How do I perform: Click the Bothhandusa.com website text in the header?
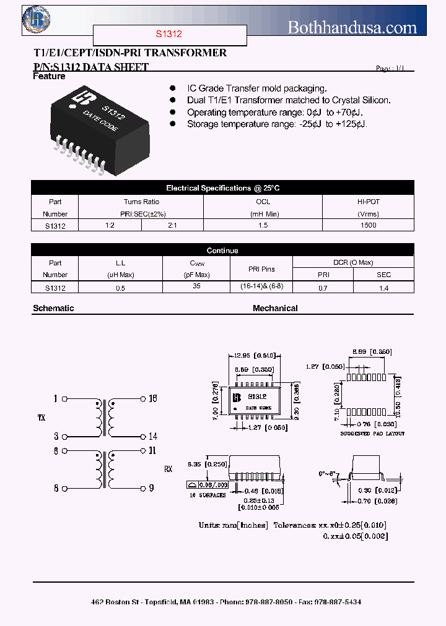coord(352,27)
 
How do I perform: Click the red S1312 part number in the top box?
coord(170,35)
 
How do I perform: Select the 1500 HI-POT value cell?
coord(368,226)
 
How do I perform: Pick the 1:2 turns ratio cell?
coord(110,226)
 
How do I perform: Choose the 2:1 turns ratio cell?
coord(172,226)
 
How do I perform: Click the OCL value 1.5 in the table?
coord(263,226)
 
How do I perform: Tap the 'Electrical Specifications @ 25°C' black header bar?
coord(222,188)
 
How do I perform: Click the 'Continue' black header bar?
coord(222,251)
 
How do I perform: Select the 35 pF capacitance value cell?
coord(197,287)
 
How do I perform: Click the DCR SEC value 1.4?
coord(383,288)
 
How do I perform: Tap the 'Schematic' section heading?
coord(53,308)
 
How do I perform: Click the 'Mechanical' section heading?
coord(275,308)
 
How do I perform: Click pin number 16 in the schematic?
coord(152,398)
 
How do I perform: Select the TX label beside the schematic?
coord(42,418)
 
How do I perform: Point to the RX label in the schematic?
coord(168,469)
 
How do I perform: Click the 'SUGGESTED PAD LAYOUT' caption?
coord(372,434)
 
